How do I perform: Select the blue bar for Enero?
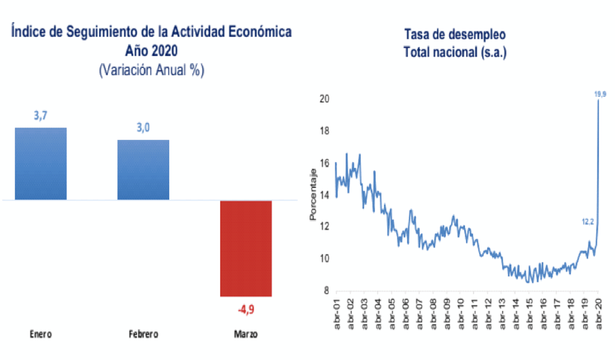(x=41, y=164)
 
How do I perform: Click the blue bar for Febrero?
(x=143, y=169)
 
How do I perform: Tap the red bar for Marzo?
(x=246, y=248)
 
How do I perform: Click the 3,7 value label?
(x=41, y=115)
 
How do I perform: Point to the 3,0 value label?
(x=143, y=127)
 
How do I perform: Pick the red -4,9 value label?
(x=246, y=309)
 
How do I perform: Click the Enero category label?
(x=41, y=334)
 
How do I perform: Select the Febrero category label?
(x=143, y=334)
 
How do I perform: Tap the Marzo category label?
(x=246, y=334)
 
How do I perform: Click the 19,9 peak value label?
(x=600, y=94)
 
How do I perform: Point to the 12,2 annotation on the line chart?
(x=587, y=222)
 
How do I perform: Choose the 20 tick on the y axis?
(x=325, y=99)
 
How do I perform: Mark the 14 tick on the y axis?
(x=325, y=195)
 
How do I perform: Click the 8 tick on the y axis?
(x=326, y=291)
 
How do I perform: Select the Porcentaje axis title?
(x=313, y=194)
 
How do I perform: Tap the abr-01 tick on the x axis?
(x=337, y=314)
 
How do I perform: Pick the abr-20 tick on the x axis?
(x=599, y=314)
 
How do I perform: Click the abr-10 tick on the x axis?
(x=461, y=314)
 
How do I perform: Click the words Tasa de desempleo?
(x=455, y=35)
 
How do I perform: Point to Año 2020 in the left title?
(x=152, y=51)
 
